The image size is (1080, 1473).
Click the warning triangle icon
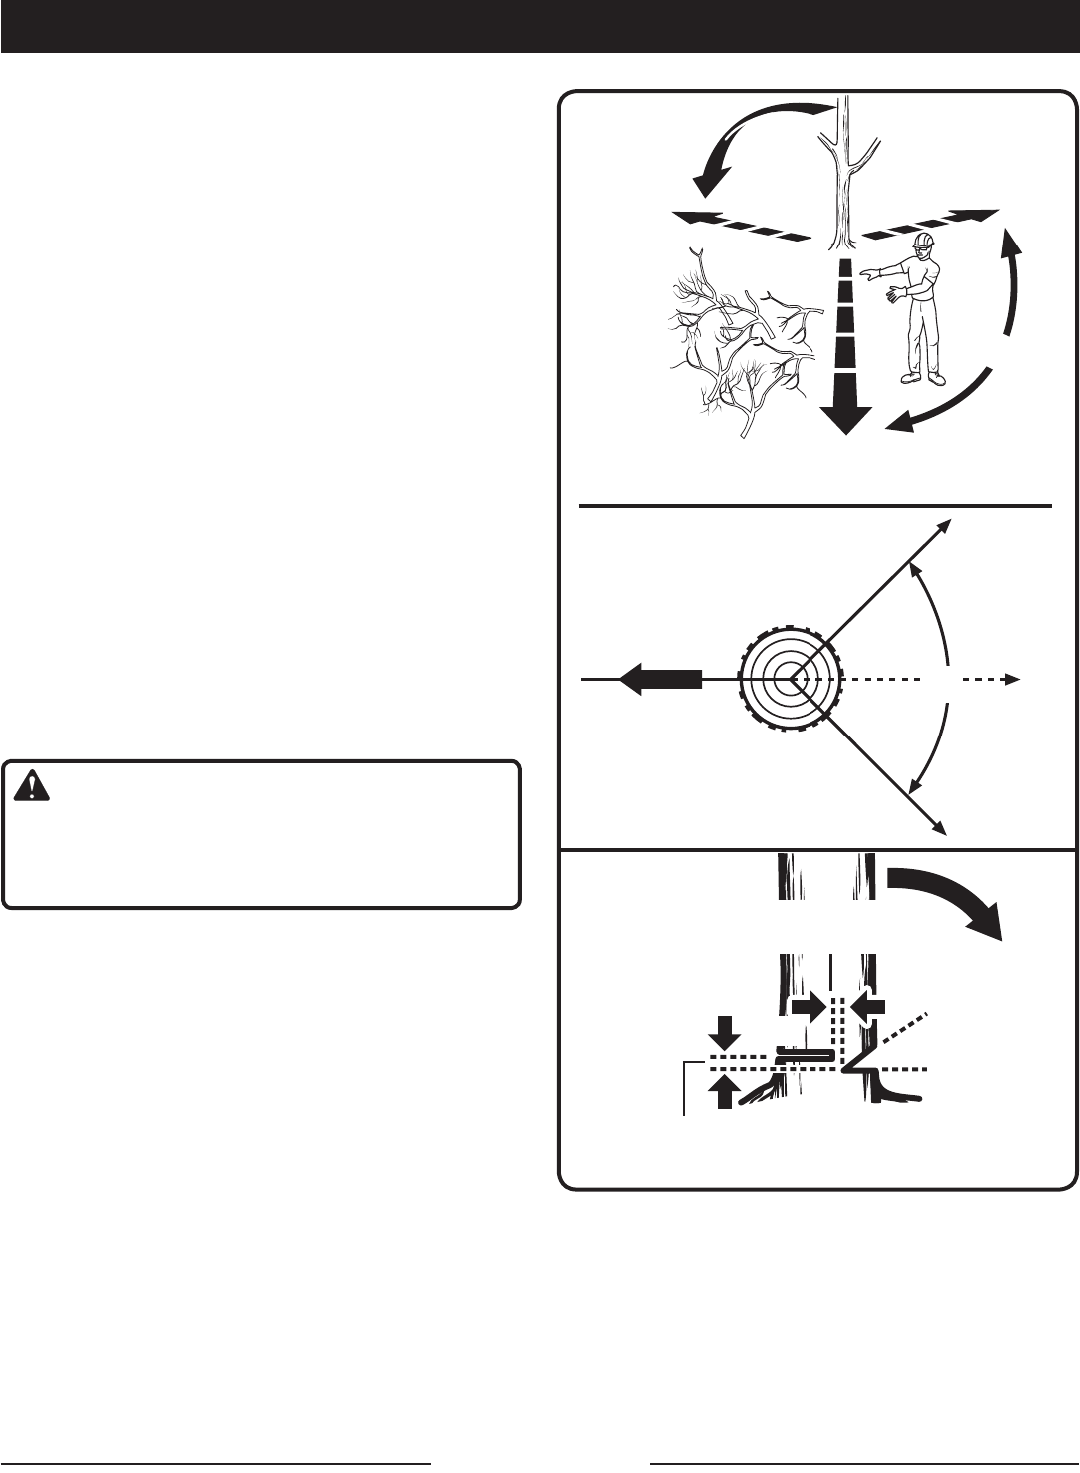34,786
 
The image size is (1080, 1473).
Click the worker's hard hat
924,242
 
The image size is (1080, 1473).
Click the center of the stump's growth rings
791,678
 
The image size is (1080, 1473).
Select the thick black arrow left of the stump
659,679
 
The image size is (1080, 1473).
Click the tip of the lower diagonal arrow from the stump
940,827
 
